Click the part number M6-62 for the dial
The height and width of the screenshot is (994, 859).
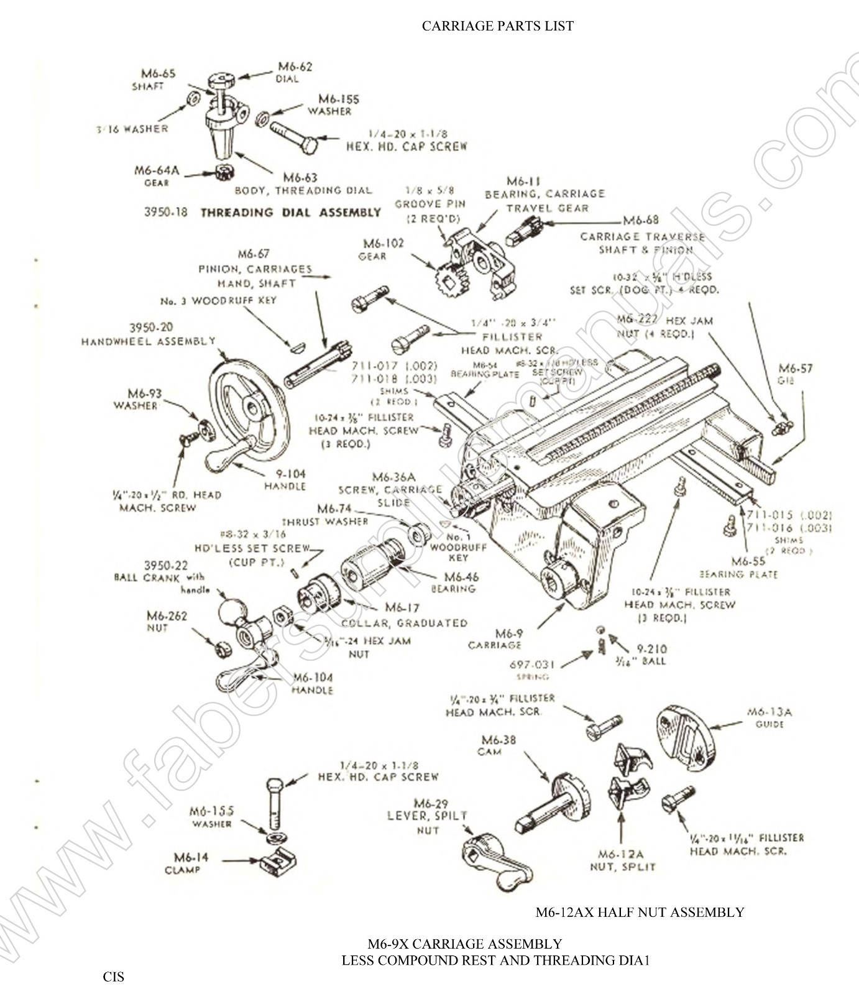[x=295, y=67]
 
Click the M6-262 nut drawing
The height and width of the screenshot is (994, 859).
[x=221, y=649]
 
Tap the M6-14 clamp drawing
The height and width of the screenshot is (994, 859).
[x=277, y=862]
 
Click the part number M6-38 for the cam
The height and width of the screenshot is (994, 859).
[x=498, y=740]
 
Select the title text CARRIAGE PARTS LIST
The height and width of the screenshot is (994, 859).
[x=497, y=25]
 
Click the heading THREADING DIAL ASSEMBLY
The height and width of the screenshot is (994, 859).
[x=290, y=212]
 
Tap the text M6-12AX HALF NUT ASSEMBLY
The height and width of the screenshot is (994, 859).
[x=640, y=912]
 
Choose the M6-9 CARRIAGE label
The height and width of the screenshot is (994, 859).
[x=495, y=639]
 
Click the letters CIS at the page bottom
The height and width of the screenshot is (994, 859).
[x=113, y=977]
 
